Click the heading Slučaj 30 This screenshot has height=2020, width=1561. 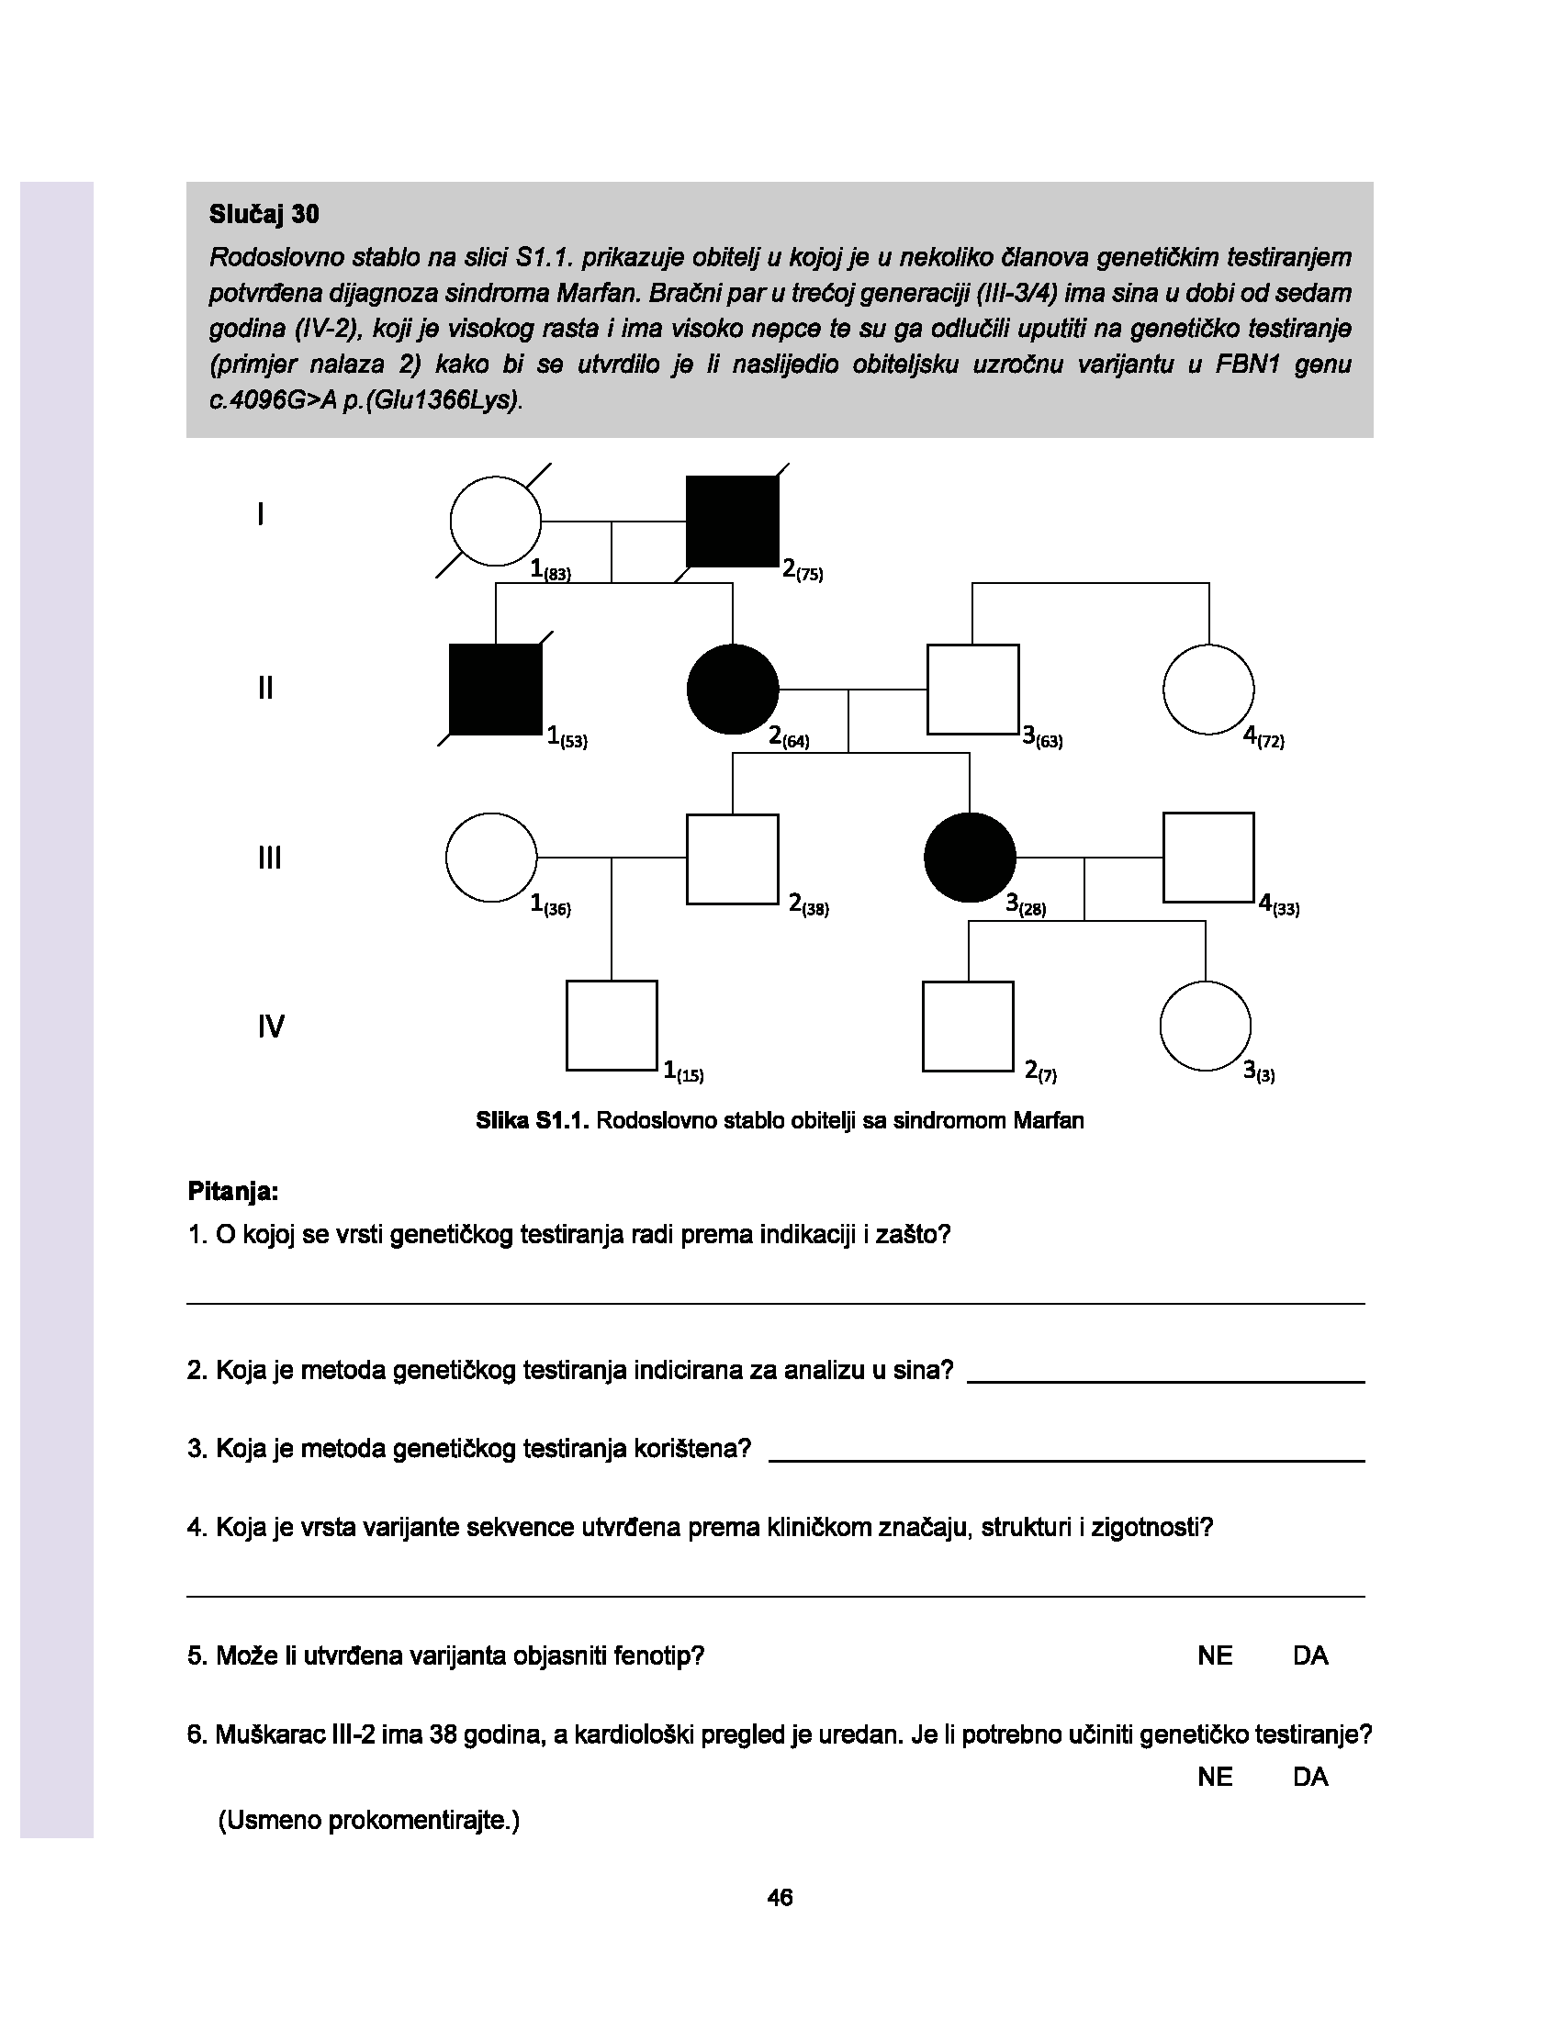[264, 215]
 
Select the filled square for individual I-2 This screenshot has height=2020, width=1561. [732, 521]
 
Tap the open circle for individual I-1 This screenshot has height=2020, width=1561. [496, 521]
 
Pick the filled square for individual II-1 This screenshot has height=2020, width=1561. [496, 690]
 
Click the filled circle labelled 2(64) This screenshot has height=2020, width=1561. [733, 689]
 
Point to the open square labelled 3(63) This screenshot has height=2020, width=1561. [972, 689]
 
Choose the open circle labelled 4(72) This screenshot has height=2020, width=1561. [1207, 689]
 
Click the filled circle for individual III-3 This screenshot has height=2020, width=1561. [970, 858]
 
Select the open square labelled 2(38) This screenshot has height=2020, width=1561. [733, 858]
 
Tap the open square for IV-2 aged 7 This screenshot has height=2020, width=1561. [968, 1026]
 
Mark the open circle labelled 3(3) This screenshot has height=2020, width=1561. [1205, 1026]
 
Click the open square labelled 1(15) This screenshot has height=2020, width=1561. [612, 1026]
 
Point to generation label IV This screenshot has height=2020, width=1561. [271, 1027]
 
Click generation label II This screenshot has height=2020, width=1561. [265, 688]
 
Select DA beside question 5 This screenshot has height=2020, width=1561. [1309, 1655]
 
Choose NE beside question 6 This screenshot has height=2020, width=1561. [1214, 1777]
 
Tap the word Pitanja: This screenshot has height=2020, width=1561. [233, 1191]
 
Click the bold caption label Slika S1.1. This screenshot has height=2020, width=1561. [532, 1121]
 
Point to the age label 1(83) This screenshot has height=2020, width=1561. [551, 570]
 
